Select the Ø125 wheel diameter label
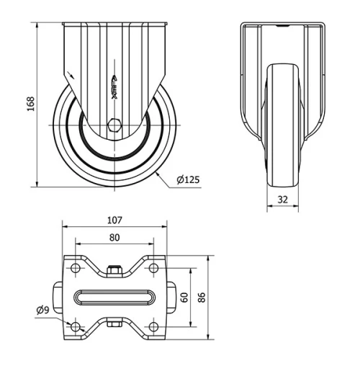coord(187,179)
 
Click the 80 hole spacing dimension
coord(115,237)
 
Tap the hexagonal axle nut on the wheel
coord(114,125)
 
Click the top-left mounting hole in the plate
coord(76,269)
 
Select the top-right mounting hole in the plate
coord(153,269)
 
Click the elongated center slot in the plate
coord(115,298)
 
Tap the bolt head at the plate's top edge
coord(114,271)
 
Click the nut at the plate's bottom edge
coord(114,324)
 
